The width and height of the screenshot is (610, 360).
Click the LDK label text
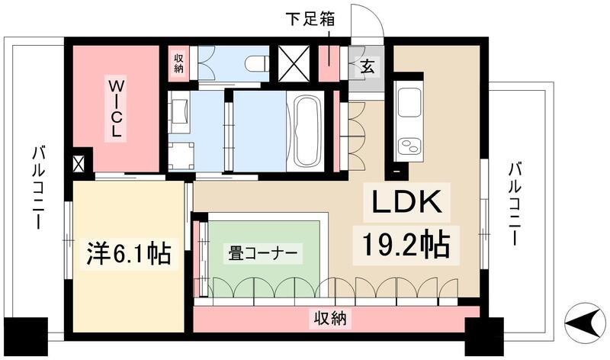(406, 204)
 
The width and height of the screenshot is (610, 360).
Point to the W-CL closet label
(117, 106)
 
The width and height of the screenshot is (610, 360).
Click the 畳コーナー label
(262, 252)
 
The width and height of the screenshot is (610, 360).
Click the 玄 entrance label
(368, 67)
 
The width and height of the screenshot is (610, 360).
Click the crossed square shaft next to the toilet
(291, 63)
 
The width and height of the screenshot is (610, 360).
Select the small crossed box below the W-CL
(79, 162)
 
